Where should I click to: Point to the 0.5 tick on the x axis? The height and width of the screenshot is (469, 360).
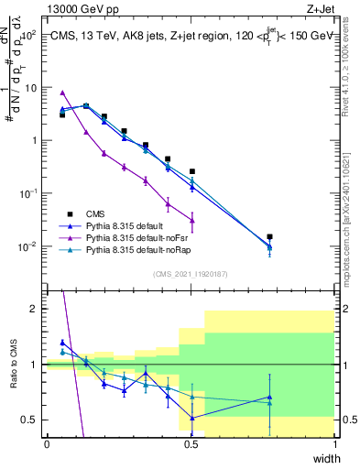pos(191,444)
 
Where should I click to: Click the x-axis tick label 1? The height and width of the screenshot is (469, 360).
pos(335,444)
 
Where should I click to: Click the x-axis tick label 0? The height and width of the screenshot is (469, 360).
pos(47,444)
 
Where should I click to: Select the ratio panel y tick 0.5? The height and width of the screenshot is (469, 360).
pos(31,420)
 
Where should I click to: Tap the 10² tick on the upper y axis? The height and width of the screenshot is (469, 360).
pos(29,35)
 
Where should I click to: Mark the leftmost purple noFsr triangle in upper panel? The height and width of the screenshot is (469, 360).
pos(62,93)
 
